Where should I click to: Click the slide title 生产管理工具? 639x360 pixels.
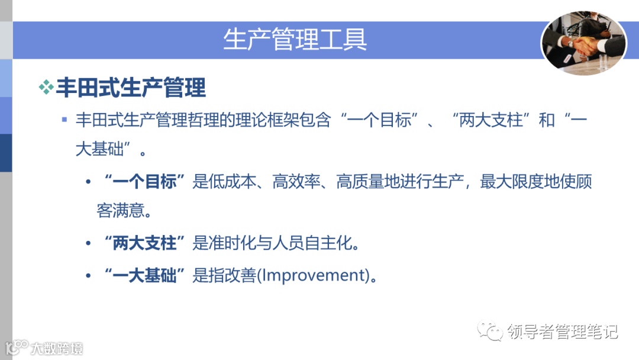click(295, 40)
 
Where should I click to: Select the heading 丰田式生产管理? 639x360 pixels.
click(131, 88)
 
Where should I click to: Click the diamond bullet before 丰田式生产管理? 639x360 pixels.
click(46, 88)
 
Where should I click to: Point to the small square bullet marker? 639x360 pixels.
click(64, 120)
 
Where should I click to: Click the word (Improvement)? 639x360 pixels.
click(313, 275)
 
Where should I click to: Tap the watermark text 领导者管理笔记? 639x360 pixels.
click(562, 332)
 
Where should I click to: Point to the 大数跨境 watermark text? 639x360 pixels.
click(57, 348)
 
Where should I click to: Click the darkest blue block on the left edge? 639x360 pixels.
click(6, 153)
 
